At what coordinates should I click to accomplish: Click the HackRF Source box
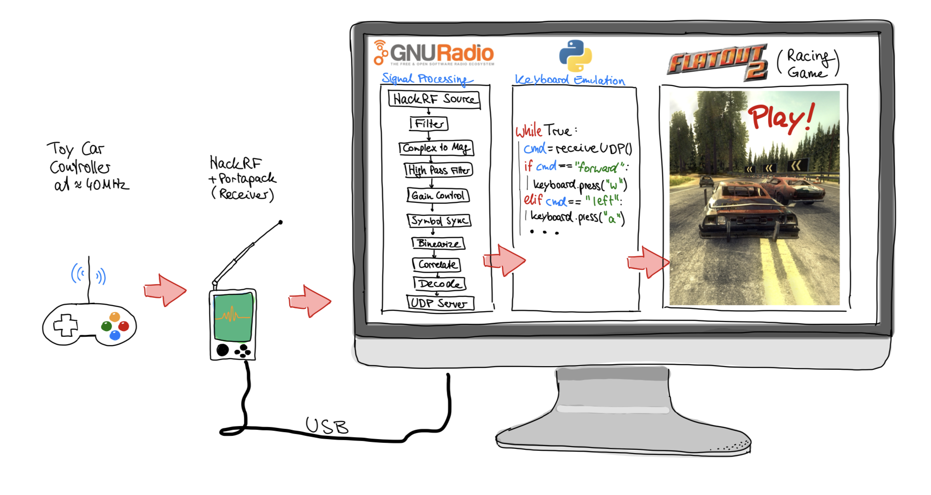(x=434, y=99)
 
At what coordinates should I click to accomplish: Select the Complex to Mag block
(x=436, y=148)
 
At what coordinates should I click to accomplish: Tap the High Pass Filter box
(x=439, y=170)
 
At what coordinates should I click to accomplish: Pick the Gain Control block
(x=438, y=195)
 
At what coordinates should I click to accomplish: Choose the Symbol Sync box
(x=439, y=220)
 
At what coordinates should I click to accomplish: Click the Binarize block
(x=438, y=243)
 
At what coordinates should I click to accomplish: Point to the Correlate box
(x=437, y=265)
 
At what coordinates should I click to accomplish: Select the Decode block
(x=439, y=283)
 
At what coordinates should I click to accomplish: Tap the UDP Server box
(x=440, y=303)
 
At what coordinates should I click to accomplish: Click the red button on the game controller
(x=124, y=326)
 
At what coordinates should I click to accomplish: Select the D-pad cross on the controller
(x=65, y=325)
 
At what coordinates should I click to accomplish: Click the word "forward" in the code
(x=598, y=167)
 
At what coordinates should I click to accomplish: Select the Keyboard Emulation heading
(x=569, y=80)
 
